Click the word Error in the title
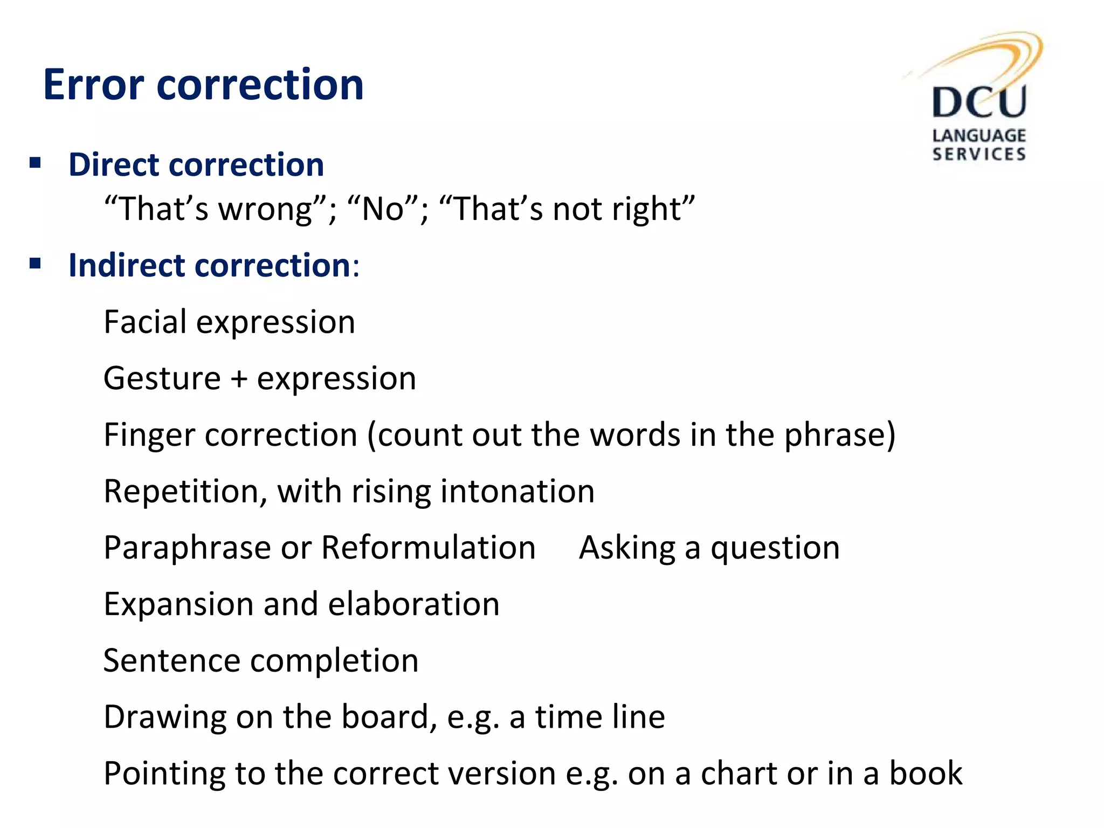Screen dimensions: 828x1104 point(93,85)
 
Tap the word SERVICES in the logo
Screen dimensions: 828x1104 point(978,154)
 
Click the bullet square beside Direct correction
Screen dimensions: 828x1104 point(36,163)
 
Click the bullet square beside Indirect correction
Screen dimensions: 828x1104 point(36,264)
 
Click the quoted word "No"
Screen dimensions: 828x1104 point(383,209)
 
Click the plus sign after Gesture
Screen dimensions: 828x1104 point(239,379)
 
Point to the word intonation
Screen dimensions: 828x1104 point(517,491)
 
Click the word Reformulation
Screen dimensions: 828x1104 point(428,548)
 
